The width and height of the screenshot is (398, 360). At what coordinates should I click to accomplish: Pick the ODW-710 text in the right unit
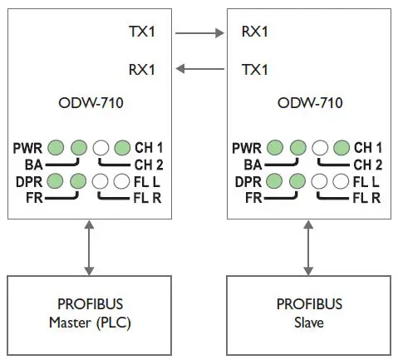click(308, 105)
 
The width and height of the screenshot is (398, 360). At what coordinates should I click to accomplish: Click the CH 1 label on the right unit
click(368, 148)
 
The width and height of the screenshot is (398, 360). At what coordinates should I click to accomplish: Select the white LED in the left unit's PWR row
click(101, 148)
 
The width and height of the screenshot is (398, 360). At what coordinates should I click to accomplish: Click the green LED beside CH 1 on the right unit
click(341, 148)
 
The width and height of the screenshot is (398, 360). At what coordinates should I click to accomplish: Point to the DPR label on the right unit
click(245, 180)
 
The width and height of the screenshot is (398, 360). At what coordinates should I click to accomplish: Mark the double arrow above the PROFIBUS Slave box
click(308, 245)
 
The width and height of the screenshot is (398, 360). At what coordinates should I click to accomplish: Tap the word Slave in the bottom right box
click(308, 321)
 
